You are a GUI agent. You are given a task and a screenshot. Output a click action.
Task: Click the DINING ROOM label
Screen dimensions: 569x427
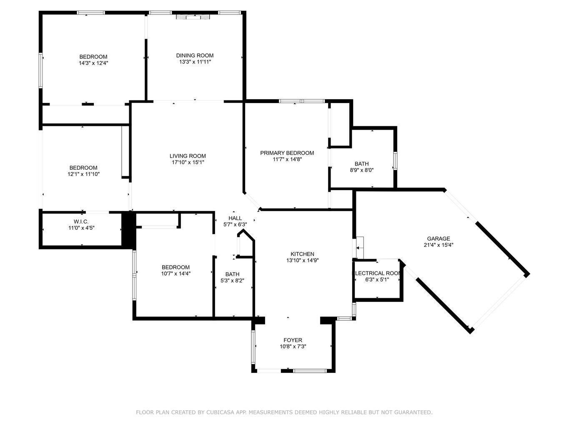[x=195, y=55]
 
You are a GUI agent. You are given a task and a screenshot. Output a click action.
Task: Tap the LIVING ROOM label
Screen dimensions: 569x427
[x=188, y=156]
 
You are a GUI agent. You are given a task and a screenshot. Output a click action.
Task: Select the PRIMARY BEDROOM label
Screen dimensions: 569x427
[x=287, y=153]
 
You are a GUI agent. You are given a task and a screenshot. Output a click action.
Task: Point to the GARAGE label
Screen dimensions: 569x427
[x=439, y=239]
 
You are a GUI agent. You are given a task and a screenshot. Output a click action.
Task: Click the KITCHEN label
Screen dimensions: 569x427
[x=302, y=254]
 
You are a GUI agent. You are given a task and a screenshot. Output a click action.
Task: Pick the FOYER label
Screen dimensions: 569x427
[x=293, y=340]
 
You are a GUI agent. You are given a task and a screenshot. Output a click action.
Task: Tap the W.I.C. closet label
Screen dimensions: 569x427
[x=81, y=222]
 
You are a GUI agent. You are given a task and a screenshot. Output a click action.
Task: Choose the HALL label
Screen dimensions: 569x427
[x=235, y=219]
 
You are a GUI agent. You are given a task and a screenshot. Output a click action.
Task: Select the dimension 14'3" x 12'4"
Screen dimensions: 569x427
[x=93, y=63]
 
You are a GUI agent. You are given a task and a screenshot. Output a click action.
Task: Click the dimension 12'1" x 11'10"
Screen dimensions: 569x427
[x=83, y=174]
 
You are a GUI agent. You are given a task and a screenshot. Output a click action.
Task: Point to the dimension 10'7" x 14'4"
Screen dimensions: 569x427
[x=176, y=274]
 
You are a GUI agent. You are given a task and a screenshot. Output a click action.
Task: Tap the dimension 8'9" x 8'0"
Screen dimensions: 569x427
[x=362, y=170]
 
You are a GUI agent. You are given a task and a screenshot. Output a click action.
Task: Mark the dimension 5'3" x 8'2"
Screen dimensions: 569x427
[x=232, y=281]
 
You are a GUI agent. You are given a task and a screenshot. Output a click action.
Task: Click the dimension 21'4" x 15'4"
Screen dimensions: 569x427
[x=439, y=245]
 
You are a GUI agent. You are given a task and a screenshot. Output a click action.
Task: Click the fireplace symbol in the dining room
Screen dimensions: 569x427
[x=193, y=17]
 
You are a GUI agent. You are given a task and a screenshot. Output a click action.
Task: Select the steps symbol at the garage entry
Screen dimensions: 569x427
[x=360, y=248]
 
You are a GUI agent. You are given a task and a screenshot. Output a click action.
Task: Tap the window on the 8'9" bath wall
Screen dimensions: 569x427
[x=395, y=161]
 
